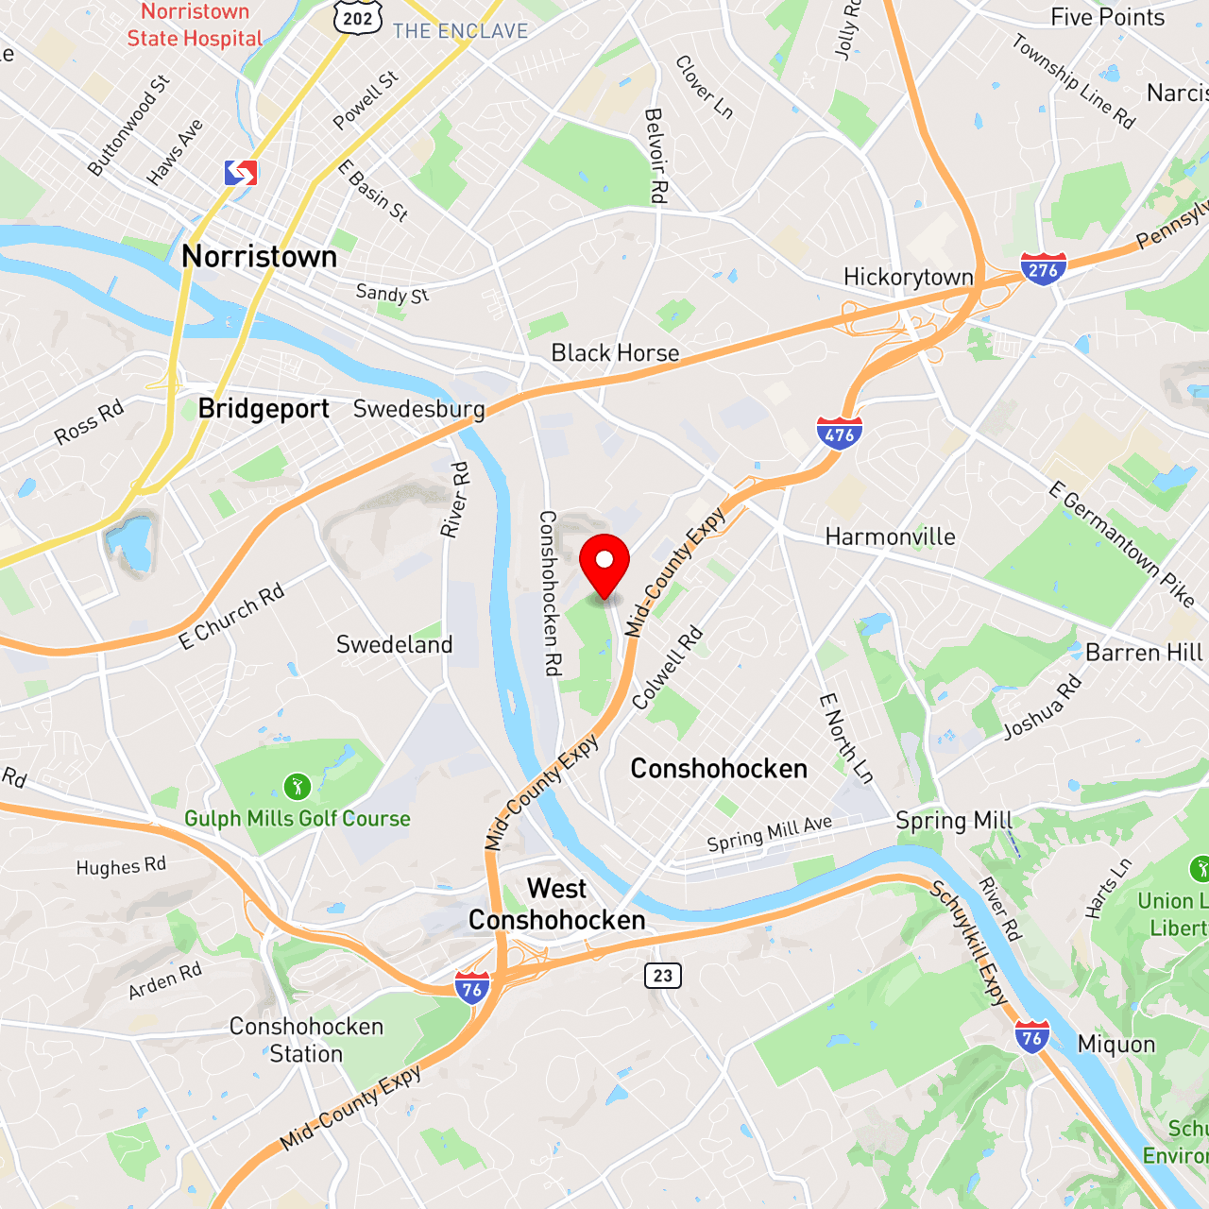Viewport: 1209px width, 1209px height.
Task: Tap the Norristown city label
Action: [259, 256]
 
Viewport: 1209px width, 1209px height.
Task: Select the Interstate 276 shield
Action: [1043, 269]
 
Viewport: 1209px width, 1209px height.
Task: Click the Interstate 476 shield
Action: [839, 434]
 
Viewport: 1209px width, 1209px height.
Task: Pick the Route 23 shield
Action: [663, 976]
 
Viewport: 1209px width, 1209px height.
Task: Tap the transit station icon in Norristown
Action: [241, 173]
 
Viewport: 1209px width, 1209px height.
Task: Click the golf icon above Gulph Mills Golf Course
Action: [297, 786]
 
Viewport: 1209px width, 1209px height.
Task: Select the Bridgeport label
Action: [264, 408]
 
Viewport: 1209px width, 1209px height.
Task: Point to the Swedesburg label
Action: [418, 409]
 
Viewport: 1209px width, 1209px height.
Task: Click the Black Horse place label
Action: [615, 352]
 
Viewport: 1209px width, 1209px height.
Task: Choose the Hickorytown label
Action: [908, 277]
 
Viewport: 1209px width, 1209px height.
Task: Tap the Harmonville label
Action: [890, 536]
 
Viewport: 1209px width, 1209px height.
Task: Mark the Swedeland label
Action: [394, 644]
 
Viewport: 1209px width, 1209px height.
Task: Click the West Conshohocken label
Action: [556, 904]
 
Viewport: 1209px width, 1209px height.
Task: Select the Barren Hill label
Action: [1144, 653]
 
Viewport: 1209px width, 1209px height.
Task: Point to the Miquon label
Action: [1116, 1044]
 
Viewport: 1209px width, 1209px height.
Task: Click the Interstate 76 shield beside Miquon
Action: [1031, 1037]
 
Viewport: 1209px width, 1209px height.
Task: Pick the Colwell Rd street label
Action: [667, 667]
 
